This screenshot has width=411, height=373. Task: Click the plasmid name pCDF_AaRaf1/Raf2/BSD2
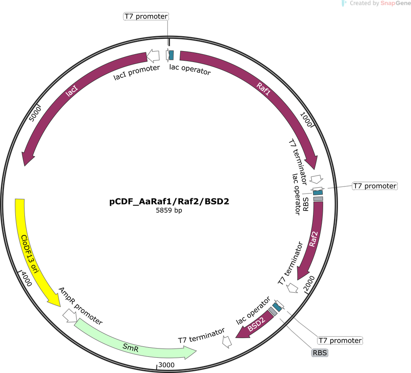click(169, 201)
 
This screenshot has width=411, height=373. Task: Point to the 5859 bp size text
click(169, 210)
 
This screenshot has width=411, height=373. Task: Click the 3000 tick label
click(167, 365)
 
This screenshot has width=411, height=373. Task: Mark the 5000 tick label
click(35, 114)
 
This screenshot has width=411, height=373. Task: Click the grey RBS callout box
click(320, 353)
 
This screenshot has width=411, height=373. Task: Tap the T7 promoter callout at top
click(146, 16)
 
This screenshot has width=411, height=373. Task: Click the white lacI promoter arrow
click(153, 55)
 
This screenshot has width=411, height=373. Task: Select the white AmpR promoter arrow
click(70, 315)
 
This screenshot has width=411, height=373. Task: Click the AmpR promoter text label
click(80, 306)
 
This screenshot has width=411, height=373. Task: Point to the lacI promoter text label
click(136, 73)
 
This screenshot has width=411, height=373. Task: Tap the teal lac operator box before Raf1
click(171, 55)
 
